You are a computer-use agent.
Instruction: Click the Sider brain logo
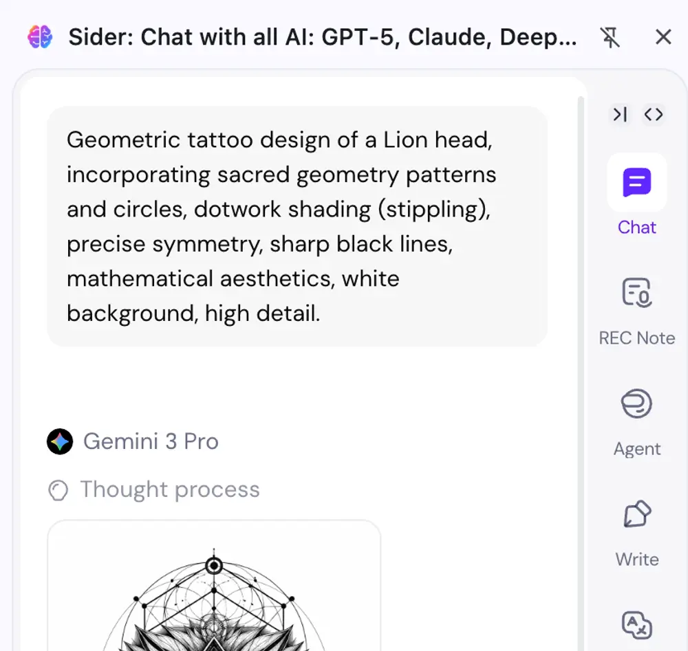click(x=40, y=37)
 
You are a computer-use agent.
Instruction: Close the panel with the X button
click(x=663, y=37)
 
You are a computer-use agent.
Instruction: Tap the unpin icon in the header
click(x=610, y=37)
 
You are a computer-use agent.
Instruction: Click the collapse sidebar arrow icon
click(x=620, y=114)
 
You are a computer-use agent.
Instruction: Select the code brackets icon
click(x=654, y=114)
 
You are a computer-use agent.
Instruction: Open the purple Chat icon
click(x=636, y=182)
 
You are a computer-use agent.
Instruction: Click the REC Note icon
click(x=636, y=292)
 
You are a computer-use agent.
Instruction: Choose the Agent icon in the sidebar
click(x=636, y=404)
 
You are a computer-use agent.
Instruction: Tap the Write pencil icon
click(x=637, y=514)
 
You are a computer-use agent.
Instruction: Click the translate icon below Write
click(x=636, y=625)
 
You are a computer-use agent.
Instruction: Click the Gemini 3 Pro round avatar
click(x=60, y=441)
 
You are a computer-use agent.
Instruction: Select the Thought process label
click(x=170, y=489)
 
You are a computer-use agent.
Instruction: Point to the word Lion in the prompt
click(x=405, y=140)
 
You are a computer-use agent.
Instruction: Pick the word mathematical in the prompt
click(x=140, y=279)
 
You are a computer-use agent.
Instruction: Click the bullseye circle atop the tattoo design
click(x=214, y=566)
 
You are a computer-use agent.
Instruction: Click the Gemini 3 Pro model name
click(x=151, y=441)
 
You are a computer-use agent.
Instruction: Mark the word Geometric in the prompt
click(x=123, y=140)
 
